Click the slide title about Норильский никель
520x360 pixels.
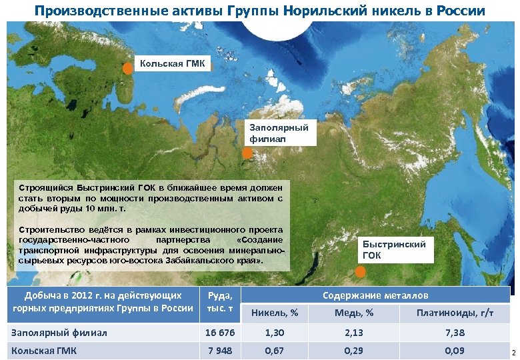[260, 11]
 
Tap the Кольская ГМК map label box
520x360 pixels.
[173, 64]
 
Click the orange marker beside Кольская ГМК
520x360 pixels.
[127, 68]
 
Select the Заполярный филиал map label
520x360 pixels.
[279, 133]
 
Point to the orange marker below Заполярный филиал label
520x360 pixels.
[247, 153]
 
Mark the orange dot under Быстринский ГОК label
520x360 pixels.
[360, 272]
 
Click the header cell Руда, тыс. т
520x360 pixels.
[220, 301]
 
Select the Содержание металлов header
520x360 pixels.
[375, 295]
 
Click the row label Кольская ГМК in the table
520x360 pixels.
[44, 350]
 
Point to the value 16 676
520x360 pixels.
[220, 332]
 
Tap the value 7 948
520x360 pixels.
[220, 350]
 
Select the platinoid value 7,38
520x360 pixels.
[455, 332]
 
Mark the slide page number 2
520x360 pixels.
[514, 351]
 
